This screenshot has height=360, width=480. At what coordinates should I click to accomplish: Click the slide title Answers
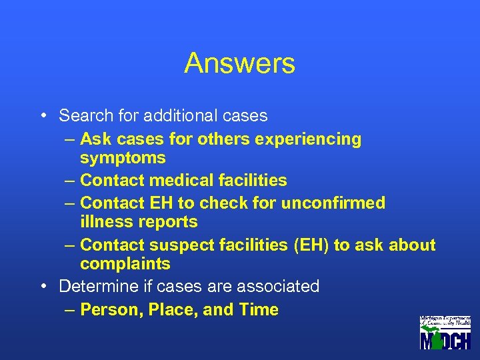239,64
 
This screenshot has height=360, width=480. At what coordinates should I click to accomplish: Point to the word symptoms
123,158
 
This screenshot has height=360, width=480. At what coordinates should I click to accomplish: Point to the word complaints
125,264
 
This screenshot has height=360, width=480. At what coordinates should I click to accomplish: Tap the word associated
275,287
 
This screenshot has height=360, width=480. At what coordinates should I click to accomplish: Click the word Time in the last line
257,310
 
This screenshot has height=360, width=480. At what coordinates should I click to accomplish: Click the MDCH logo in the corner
445,333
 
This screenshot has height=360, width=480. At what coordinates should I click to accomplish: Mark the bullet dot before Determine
43,287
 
